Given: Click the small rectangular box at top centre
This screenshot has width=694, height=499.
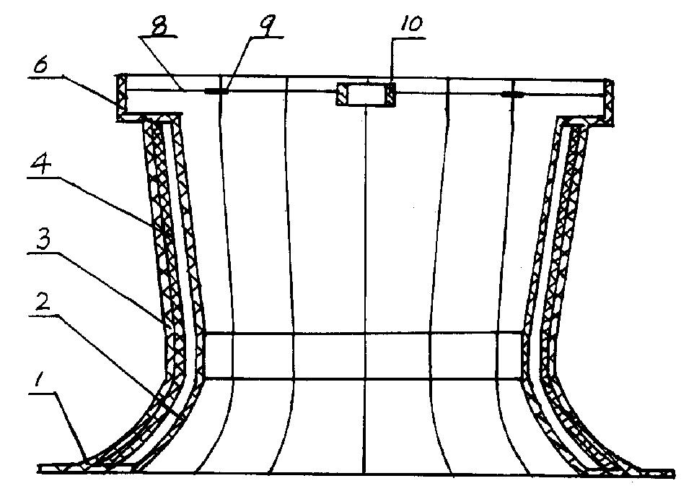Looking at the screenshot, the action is pos(365,95).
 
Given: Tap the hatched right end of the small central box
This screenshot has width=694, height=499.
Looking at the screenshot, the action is pos(390,95).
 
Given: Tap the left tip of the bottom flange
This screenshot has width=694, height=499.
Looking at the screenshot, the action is pos(42,469).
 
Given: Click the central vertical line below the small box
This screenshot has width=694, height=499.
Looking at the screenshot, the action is pos(366,289).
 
